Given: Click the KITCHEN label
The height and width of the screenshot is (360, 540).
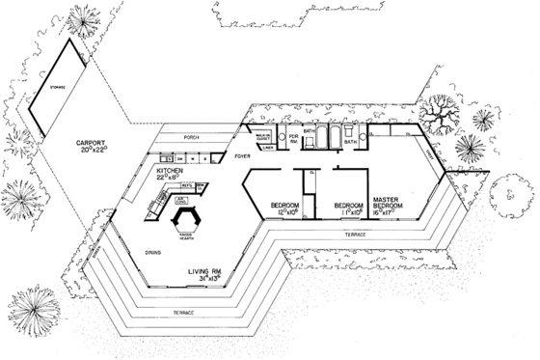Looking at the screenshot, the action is (x=171, y=168).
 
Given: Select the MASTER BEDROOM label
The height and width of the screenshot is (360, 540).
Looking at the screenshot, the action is (x=392, y=200).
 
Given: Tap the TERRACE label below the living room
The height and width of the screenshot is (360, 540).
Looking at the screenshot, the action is (x=184, y=315).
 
